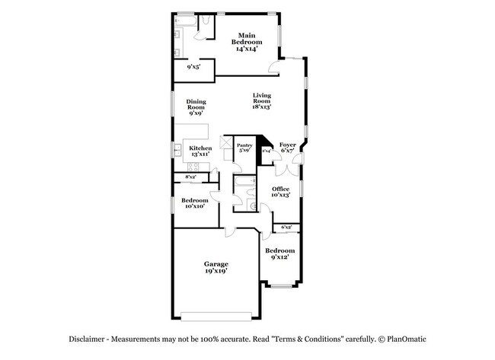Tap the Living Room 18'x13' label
262,100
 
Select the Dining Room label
196,107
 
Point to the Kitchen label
200,151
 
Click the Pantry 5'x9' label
244,148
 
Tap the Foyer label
287,148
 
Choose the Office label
280,192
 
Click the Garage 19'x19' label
216,267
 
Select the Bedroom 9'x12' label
279,253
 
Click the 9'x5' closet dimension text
194,67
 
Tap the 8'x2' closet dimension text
190,177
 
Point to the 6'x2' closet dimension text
287,227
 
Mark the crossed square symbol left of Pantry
226,142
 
